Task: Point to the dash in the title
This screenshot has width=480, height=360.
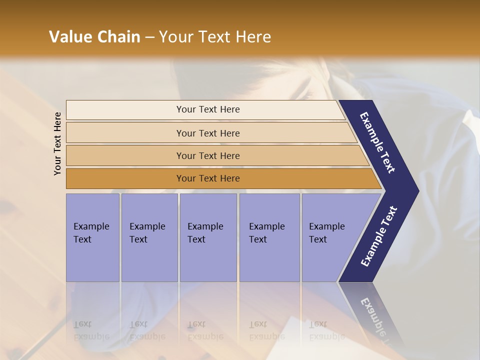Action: click(149, 37)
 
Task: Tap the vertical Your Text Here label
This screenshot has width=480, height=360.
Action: click(57, 143)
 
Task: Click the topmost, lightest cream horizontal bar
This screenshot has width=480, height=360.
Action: click(125, 110)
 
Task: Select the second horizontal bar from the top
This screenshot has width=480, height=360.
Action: click(125, 133)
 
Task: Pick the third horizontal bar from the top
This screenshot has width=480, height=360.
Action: click(125, 155)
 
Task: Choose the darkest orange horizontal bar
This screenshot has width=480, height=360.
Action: click(125, 178)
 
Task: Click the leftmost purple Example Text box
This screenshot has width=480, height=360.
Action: click(92, 237)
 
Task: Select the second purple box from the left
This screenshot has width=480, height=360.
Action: click(148, 237)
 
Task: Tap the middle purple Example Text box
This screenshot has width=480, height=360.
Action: click(208, 237)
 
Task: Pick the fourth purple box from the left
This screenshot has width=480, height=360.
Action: click(269, 237)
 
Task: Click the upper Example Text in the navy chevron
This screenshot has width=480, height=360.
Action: click(377, 142)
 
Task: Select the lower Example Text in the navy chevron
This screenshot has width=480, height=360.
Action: click(379, 236)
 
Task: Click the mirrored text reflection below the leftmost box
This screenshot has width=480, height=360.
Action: click(91, 330)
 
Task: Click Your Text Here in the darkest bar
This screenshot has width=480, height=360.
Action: click(208, 178)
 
